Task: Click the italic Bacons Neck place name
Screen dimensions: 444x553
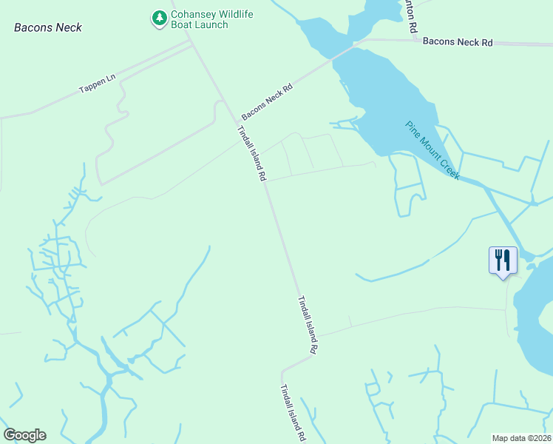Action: click(48, 27)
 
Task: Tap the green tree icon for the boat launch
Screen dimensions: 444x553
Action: click(159, 18)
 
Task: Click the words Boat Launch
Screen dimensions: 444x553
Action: click(200, 24)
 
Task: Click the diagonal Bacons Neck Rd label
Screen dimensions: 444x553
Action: click(267, 102)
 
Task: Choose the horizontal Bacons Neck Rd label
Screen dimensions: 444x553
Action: click(457, 43)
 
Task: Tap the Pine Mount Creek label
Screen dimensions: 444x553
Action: click(432, 150)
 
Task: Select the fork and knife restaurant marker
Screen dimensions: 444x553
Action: click(503, 260)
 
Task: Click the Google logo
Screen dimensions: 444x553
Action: click(24, 435)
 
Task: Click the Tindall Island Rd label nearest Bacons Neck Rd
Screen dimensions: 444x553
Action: click(251, 154)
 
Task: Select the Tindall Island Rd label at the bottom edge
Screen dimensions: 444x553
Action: click(293, 414)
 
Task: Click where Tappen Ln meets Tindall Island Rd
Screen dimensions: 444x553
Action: click(193, 44)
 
